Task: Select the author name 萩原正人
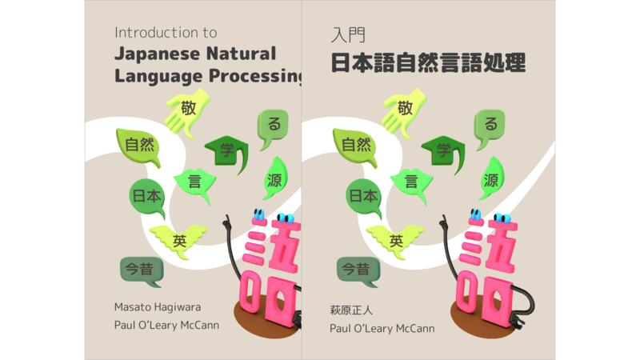tap(352, 309)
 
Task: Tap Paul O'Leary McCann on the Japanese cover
tap(382, 328)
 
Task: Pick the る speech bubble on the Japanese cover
tap(490, 125)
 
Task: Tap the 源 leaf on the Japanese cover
tap(491, 179)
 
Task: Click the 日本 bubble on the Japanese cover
tap(363, 195)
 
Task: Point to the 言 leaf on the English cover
tap(195, 182)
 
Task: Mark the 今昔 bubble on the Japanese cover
tap(358, 270)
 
